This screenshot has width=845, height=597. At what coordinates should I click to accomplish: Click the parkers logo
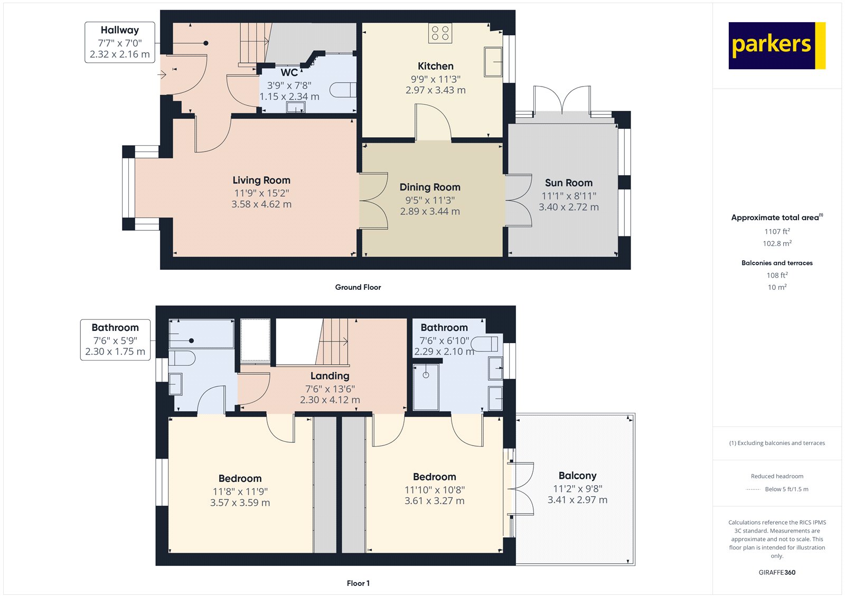[x=776, y=45]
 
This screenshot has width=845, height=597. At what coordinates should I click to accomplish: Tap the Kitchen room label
[x=435, y=66]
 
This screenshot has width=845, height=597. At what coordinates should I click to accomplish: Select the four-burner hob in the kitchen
[x=440, y=33]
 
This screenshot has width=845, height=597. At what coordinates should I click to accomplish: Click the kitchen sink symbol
[x=493, y=62]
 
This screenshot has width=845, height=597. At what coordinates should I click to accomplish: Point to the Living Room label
[x=261, y=181]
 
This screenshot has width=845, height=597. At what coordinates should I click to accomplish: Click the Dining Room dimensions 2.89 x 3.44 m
[x=430, y=211]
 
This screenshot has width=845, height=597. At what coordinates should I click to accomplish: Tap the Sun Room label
[x=568, y=183]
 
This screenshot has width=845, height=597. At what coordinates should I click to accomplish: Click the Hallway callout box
[x=120, y=42]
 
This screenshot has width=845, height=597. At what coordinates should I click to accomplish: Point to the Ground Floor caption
[x=358, y=287]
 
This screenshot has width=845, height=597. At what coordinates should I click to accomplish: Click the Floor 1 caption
[x=358, y=583]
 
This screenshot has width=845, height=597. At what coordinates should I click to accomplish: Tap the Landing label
[x=330, y=376]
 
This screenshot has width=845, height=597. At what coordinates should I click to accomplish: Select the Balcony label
[x=577, y=476]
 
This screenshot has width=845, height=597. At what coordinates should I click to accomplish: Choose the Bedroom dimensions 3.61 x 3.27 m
[x=434, y=501]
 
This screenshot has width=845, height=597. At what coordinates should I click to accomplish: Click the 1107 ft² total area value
[x=777, y=231]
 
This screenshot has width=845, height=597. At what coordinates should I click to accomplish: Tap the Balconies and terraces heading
[x=777, y=263]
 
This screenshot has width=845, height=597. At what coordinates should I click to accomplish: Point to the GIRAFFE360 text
[x=777, y=572]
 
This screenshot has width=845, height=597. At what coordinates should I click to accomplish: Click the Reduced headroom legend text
[x=777, y=476]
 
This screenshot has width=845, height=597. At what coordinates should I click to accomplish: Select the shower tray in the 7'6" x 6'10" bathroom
[x=426, y=386]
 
